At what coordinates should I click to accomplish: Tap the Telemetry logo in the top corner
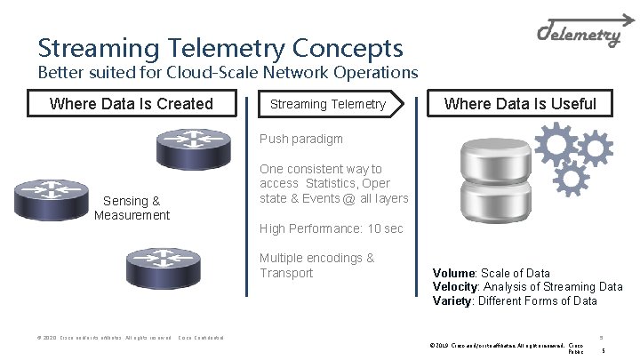tap(580, 35)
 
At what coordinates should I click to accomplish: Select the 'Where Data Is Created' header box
tap(132, 104)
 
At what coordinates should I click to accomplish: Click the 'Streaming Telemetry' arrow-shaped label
tap(329, 104)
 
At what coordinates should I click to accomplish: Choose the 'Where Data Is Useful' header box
tap(520, 104)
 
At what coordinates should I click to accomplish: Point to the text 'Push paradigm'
tap(300, 140)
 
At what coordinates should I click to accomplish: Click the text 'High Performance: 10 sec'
tap(331, 228)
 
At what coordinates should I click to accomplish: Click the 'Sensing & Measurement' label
tap(132, 208)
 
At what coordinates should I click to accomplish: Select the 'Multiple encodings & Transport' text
tap(316, 265)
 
